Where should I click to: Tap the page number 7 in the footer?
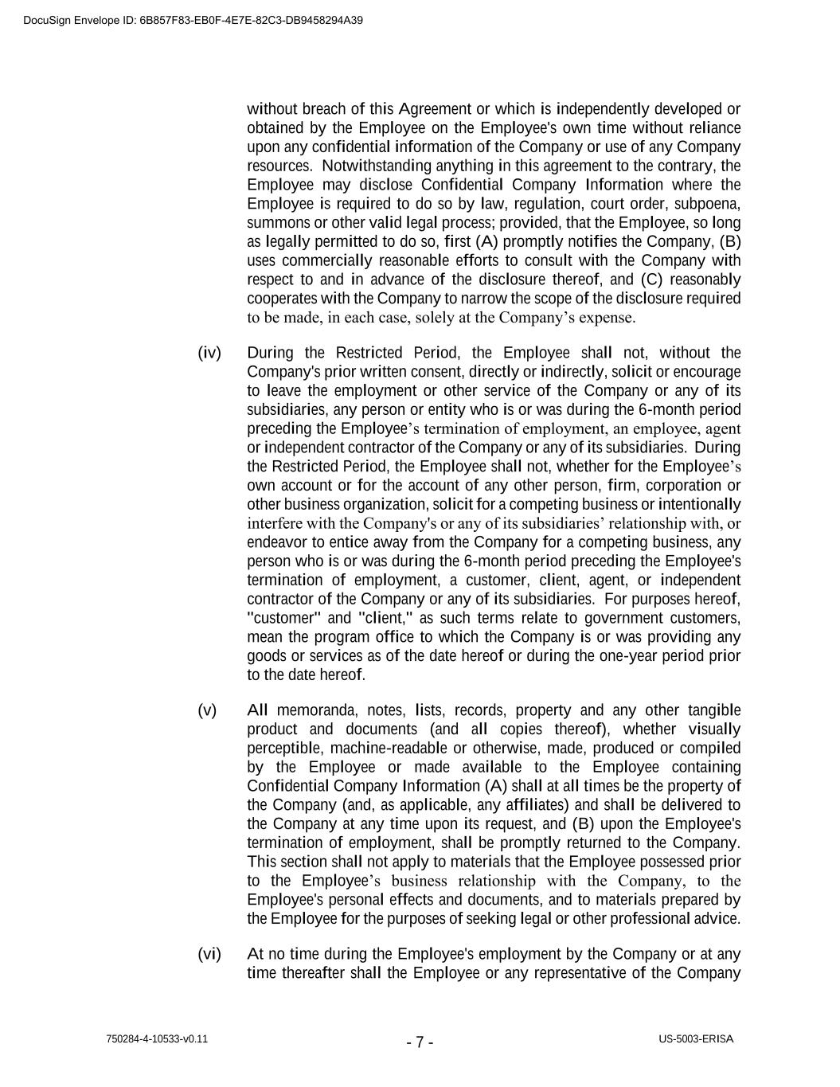click(420, 1042)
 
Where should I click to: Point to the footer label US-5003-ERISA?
click(696, 1039)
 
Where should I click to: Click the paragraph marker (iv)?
click(209, 353)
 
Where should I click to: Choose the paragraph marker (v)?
click(207, 710)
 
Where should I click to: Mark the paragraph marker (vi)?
click(209, 954)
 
